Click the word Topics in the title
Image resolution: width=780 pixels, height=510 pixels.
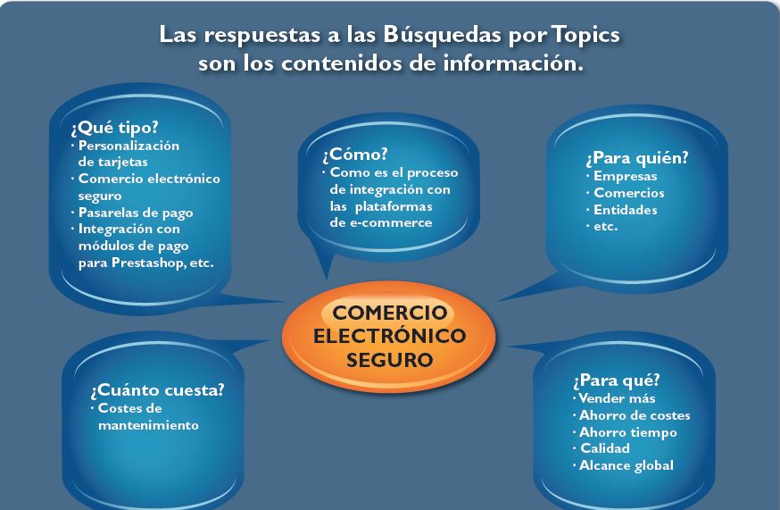coord(585,35)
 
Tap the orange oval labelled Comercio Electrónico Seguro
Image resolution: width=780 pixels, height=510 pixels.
coord(389,336)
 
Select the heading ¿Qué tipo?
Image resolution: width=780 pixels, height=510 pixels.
coord(114,128)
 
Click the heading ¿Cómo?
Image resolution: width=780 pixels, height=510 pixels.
coord(354,155)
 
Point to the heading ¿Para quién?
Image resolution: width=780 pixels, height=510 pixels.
coord(637,158)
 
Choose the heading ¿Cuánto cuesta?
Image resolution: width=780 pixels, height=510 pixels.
coord(158,390)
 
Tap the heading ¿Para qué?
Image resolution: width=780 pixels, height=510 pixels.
coord(617,380)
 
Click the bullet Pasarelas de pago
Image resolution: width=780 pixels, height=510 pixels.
coord(136,213)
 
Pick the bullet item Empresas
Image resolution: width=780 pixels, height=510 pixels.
coord(626,176)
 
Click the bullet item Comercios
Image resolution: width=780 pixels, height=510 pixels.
coord(629,193)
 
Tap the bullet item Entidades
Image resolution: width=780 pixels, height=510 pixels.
coord(626,210)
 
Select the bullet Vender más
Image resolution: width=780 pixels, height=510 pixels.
coord(617,398)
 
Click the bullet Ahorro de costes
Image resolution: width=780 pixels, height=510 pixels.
coord(635,415)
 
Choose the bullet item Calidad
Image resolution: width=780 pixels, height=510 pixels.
coord(605,448)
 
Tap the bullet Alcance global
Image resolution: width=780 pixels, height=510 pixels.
coord(626,465)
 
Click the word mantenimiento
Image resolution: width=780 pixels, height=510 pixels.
coord(148,425)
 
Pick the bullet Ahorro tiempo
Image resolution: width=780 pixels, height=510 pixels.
coord(627,432)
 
